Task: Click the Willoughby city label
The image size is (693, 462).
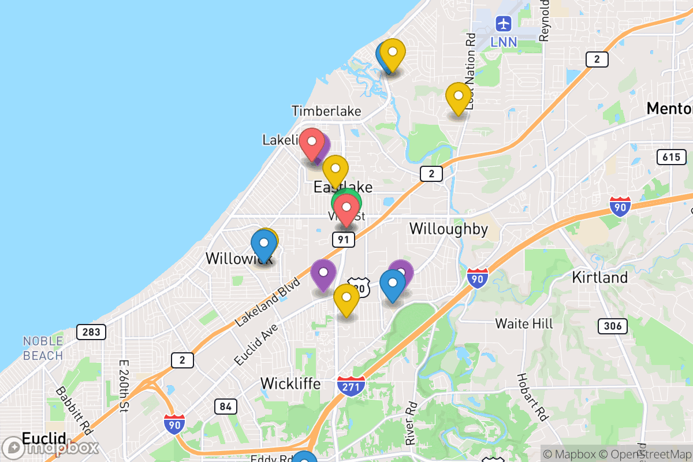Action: point(449,229)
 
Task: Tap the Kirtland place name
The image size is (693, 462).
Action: point(599,277)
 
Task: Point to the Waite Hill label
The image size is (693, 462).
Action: point(524,323)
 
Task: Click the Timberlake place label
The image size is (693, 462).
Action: point(326,111)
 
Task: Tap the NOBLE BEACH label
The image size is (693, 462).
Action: point(43,348)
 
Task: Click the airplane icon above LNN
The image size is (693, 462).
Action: point(504,24)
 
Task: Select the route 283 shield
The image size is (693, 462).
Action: point(91,331)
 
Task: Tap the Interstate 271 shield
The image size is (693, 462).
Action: point(351,385)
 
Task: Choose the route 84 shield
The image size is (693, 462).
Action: point(225,407)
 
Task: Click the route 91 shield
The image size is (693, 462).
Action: point(343,240)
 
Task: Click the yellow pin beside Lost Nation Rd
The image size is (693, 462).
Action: point(458,97)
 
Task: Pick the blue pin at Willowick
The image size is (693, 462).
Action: point(263,243)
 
